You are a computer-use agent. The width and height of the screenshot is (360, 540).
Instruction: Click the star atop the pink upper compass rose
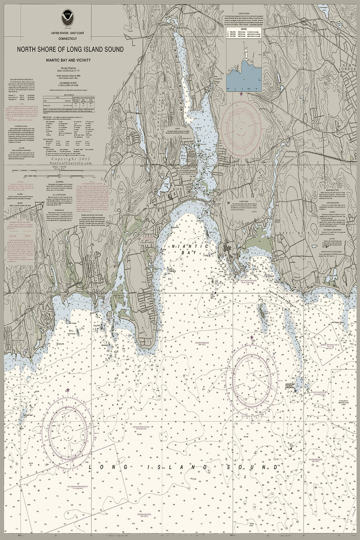pyautogui.click(x=241, y=94)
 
